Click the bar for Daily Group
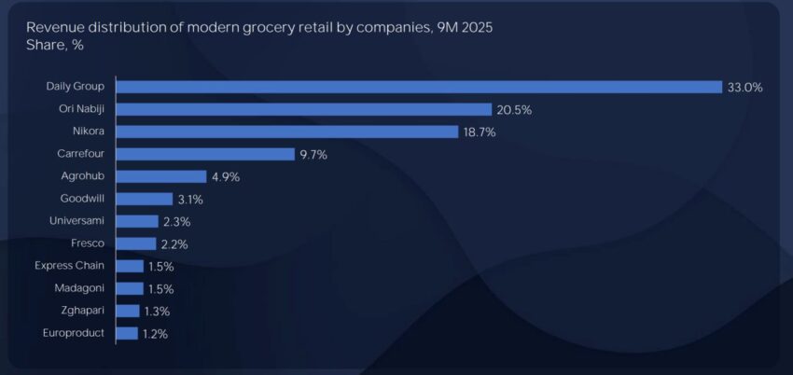419,87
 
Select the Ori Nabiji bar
303,109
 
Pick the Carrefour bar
205,154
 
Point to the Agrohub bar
161,176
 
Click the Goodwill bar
145,199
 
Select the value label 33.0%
744,87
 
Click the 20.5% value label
514,109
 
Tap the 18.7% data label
479,132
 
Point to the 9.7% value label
313,154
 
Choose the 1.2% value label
154,333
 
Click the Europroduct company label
74,333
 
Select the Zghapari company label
81,311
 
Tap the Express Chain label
69,266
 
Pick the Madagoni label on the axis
79,288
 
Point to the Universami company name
77,221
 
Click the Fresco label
88,243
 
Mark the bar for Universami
138,221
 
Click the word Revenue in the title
53,27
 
